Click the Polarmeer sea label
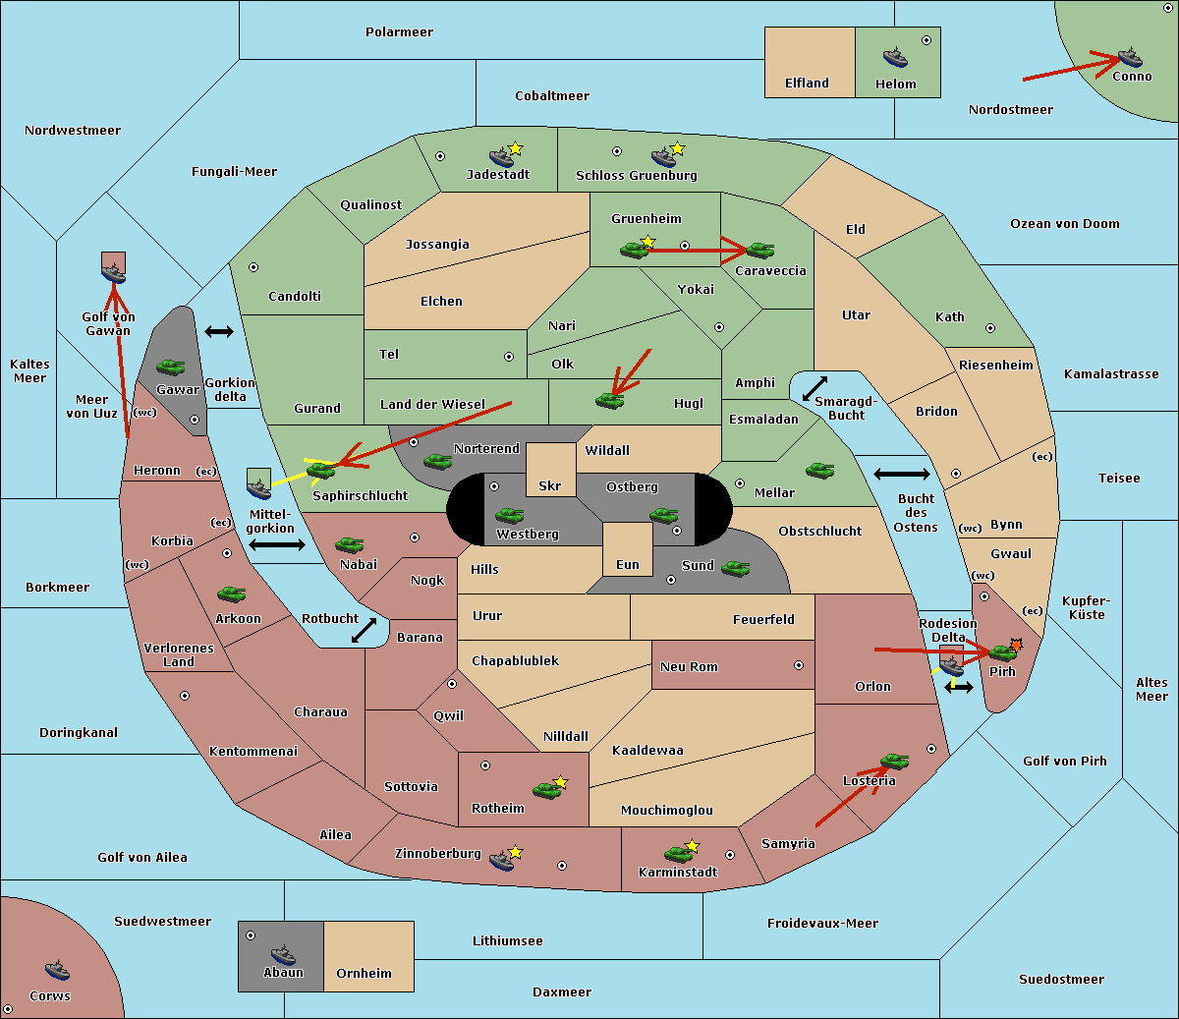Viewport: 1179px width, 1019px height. [399, 32]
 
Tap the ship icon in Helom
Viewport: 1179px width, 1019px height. [895, 57]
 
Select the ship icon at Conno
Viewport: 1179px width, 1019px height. [1130, 57]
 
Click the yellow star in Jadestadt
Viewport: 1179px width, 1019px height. [515, 149]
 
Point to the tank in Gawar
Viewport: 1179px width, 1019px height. [171, 367]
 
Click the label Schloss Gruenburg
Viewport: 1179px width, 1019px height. [637, 175]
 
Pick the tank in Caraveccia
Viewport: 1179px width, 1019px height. [760, 250]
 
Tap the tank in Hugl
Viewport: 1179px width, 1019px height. [609, 401]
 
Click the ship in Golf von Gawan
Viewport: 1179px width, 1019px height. [114, 273]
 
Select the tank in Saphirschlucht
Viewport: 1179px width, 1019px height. [321, 470]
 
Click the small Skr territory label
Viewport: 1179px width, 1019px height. [550, 485]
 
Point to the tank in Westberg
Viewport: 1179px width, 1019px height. [509, 515]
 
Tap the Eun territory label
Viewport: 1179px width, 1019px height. [628, 564]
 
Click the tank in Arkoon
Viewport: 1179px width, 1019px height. [231, 594]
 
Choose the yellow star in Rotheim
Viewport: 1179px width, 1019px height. [561, 781]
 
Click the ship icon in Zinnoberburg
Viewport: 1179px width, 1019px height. [501, 860]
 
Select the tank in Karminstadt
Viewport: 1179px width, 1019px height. [678, 854]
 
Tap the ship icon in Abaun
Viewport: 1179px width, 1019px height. [283, 955]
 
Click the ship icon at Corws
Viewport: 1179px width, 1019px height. [57, 971]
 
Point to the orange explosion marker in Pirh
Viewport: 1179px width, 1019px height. [1016, 646]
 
